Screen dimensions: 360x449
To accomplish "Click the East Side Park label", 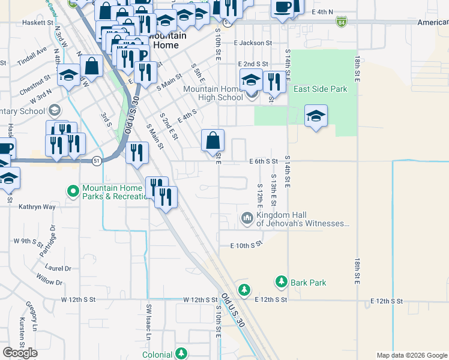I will click(320, 89).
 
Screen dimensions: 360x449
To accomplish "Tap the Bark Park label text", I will click(309, 282).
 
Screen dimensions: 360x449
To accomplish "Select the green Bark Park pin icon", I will click(281, 281).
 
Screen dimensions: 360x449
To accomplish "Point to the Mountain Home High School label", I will click(212, 93).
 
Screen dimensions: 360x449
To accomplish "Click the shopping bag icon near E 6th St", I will click(212, 142).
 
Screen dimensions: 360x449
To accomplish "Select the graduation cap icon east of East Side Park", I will click(316, 116).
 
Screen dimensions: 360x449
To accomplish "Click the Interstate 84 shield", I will click(342, 22).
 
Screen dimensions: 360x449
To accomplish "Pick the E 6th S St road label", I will click(264, 161).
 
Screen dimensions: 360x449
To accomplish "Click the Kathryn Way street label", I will click(37, 206).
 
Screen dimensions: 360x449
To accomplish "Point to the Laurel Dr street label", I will click(58, 269).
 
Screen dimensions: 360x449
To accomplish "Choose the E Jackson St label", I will click(253, 43).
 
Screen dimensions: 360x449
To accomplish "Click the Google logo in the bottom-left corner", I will click(20, 353).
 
